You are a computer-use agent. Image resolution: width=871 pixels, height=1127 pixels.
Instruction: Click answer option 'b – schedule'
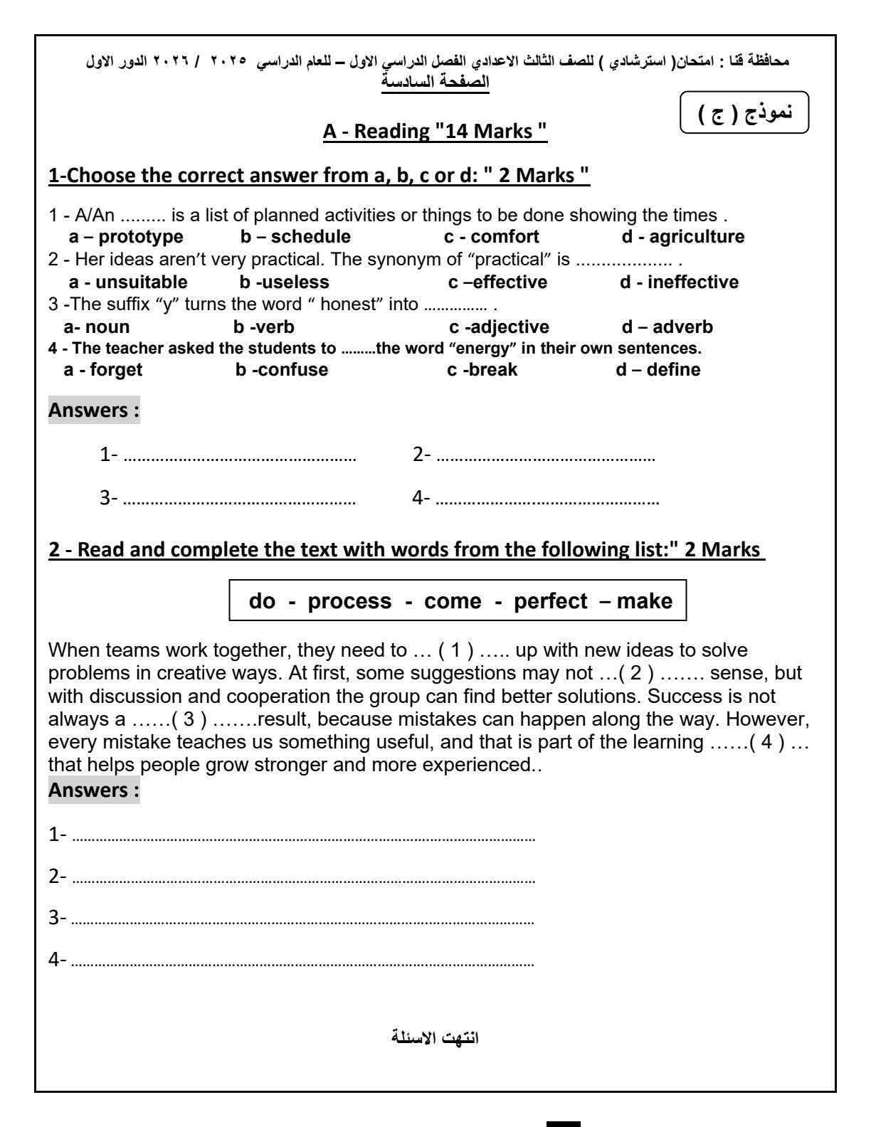[x=295, y=237]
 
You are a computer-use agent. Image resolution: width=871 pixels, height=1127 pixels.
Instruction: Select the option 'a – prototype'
[x=126, y=237]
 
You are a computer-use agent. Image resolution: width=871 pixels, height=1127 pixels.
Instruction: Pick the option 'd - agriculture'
[x=683, y=237]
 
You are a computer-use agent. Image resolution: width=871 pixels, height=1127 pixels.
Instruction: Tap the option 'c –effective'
[x=497, y=282]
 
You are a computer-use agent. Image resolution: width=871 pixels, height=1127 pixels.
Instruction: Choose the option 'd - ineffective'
[x=679, y=282]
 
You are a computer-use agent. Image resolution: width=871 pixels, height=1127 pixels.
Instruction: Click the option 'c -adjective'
[x=499, y=327]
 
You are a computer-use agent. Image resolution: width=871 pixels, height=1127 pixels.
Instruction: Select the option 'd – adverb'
[x=667, y=327]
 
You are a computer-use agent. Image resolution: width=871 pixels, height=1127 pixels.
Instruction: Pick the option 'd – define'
[x=658, y=370]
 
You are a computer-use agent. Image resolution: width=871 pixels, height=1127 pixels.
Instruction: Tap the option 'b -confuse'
[x=282, y=370]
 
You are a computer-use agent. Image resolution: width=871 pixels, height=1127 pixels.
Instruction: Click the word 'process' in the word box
[x=349, y=601]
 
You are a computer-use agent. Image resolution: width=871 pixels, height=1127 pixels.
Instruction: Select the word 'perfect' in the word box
[x=551, y=601]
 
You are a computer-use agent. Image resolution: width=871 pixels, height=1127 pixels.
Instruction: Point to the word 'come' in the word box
[x=453, y=601]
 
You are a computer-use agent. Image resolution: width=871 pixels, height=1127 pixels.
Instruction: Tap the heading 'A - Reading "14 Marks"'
[x=435, y=132]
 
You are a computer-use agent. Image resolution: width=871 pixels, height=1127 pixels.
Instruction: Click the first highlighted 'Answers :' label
[x=94, y=411]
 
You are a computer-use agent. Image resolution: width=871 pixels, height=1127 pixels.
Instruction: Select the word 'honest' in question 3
[x=348, y=305]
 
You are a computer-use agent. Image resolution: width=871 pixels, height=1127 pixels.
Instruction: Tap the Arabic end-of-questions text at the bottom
[x=435, y=1037]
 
